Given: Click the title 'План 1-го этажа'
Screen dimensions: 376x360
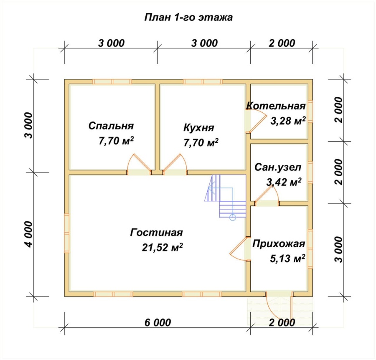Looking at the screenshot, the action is (x=188, y=18).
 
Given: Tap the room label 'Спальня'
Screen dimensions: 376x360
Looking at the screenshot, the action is (x=111, y=126).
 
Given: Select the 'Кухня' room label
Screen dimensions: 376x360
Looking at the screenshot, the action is (x=198, y=128).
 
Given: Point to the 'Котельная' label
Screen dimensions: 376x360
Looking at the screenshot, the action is (x=276, y=106).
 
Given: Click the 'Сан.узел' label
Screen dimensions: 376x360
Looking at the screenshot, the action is (x=278, y=167).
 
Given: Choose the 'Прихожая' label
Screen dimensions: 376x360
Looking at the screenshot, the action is (x=279, y=244).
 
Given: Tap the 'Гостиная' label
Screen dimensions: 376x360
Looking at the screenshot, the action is (x=156, y=233).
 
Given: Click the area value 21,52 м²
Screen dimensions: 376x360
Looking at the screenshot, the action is (x=163, y=247).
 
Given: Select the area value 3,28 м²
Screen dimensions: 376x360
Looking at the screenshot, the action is (x=288, y=121).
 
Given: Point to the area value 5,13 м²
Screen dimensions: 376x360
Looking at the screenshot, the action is (x=287, y=259).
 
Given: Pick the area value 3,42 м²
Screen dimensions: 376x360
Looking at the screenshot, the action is (x=284, y=182).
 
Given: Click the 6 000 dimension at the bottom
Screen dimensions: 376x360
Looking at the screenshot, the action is (x=158, y=322).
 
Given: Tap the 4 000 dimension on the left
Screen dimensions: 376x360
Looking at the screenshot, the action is (x=28, y=234).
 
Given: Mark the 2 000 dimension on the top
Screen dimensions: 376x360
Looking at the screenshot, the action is (x=282, y=43).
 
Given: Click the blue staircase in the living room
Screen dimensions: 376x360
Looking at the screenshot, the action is (x=226, y=196).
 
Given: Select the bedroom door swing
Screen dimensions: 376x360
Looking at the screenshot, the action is (x=139, y=165).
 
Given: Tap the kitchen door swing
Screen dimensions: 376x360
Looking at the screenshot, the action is (x=175, y=165).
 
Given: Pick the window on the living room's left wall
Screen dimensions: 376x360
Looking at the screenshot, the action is (x=67, y=233).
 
